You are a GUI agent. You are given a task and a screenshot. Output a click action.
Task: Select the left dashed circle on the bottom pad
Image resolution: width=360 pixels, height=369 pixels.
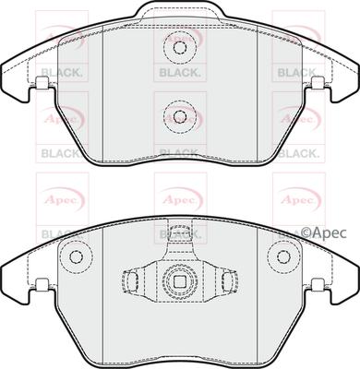tap(77, 257)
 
